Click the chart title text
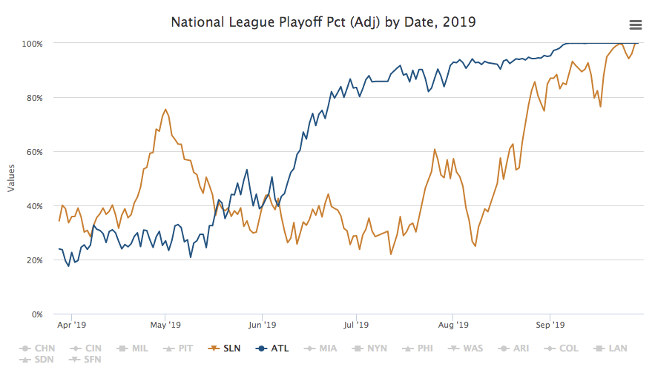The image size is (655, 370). pyautogui.click(x=323, y=22)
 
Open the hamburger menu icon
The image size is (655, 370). pyautogui.click(x=635, y=24)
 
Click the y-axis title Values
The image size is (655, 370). pyautogui.click(x=11, y=179)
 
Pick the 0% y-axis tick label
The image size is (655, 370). pyautogui.click(x=36, y=314)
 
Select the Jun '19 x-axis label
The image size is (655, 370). pyautogui.click(x=261, y=325)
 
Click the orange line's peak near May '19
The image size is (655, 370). pyautogui.click(x=165, y=110)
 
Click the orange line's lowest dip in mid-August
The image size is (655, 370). pyautogui.click(x=475, y=245)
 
